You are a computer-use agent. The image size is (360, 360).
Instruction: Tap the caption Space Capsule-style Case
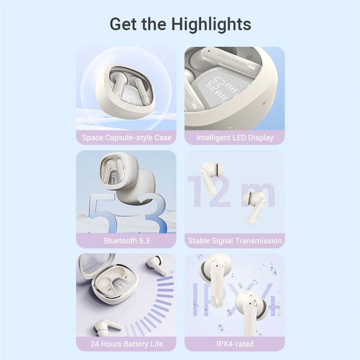click(126, 137)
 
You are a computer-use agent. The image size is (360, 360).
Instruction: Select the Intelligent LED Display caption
click(235, 137)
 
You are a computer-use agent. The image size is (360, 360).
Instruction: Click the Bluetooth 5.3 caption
click(126, 240)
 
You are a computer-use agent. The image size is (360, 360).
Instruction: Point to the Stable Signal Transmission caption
click(235, 240)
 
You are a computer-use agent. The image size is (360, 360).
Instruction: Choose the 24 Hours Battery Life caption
click(126, 344)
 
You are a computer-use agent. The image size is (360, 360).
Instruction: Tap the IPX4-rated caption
click(235, 344)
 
